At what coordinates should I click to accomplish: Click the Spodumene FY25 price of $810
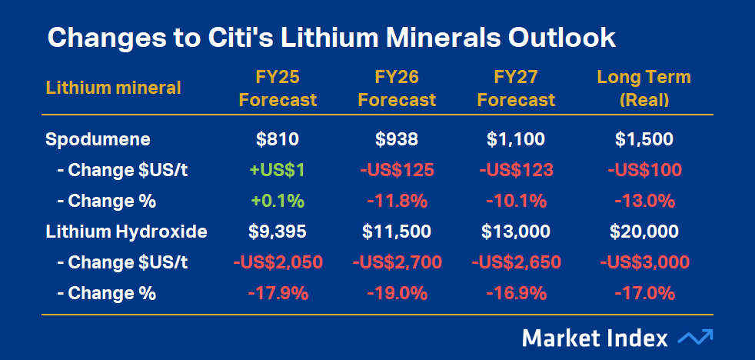pos(278,139)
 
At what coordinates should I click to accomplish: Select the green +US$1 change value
pos(278,170)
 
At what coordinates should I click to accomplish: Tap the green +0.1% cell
pos(278,201)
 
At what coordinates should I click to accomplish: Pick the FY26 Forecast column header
pos(397,88)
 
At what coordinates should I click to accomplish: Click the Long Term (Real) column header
pos(644,88)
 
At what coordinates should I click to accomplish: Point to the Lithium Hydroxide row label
pos(126,232)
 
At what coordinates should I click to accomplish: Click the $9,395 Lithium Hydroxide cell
pos(278,232)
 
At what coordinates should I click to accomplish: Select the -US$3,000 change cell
pos(644,262)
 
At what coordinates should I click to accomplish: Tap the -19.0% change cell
pos(397,293)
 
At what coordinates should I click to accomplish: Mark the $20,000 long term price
pos(644,232)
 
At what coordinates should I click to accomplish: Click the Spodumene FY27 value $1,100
pos(516,139)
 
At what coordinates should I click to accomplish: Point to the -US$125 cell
pos(397,170)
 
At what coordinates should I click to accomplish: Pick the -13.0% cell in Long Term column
pos(644,201)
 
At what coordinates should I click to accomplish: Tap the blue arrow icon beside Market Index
pos(695,337)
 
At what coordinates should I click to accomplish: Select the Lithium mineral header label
pos(113,88)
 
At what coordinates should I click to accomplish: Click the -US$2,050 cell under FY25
pos(278,262)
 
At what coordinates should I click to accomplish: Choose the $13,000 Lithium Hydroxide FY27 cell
pos(516,232)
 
